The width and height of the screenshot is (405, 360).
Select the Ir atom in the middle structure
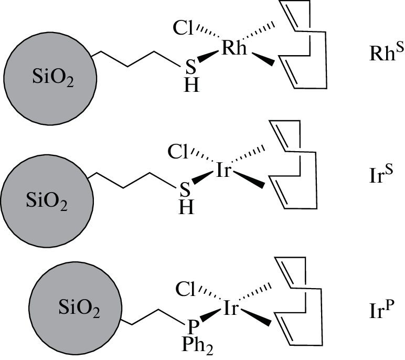224,171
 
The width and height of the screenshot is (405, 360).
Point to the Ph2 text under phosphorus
193,347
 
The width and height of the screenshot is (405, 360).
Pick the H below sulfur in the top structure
193,87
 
